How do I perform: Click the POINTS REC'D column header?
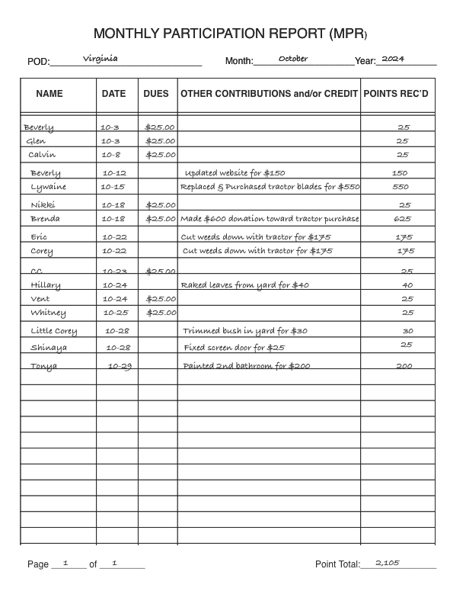tap(395, 94)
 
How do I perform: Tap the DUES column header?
tap(156, 94)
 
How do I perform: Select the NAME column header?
tap(49, 94)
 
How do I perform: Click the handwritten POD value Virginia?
tap(100, 58)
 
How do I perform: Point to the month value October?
tap(293, 59)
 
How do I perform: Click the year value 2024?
tap(393, 59)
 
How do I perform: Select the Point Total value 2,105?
tap(388, 563)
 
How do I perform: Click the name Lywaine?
tap(49, 187)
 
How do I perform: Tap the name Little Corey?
tap(54, 331)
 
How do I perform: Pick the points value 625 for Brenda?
tap(403, 219)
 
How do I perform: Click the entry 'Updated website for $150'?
tap(235, 173)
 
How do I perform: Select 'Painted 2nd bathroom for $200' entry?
tap(247, 366)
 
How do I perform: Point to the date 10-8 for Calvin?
tap(111, 155)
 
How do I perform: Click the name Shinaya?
tap(49, 348)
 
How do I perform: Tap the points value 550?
tap(401, 187)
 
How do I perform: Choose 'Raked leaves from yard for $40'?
tap(244, 285)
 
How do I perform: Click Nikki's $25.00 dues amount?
tap(161, 205)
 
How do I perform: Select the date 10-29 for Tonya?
tap(120, 366)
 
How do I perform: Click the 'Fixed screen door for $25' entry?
tap(234, 348)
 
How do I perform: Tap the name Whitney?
tap(48, 313)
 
